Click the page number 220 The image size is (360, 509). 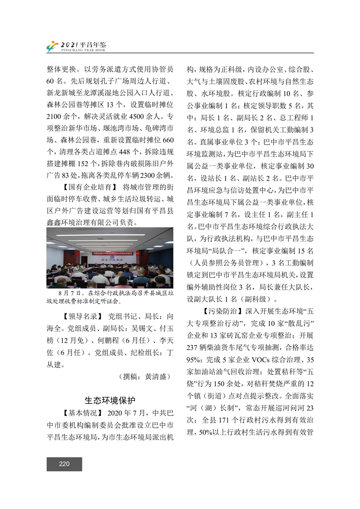64,464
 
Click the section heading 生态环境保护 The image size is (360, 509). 110,400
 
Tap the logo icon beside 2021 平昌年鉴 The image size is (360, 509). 52,46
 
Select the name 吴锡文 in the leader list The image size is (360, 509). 133,328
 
